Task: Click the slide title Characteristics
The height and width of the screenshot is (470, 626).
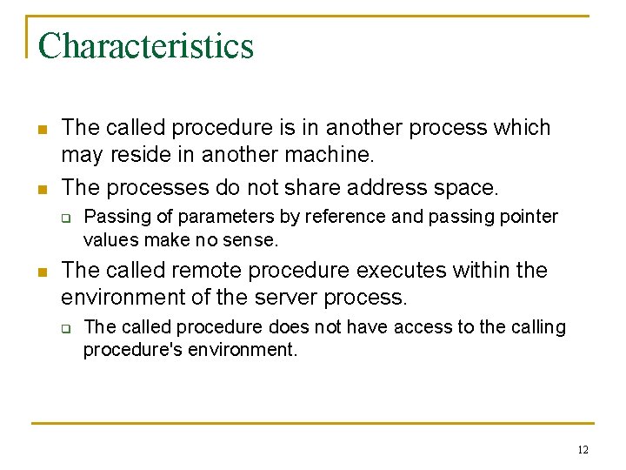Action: tap(146, 46)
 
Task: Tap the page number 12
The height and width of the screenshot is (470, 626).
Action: tap(583, 449)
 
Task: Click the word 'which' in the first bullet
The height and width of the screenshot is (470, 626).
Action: tap(518, 128)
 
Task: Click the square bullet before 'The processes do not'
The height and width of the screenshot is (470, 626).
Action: tap(41, 188)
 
